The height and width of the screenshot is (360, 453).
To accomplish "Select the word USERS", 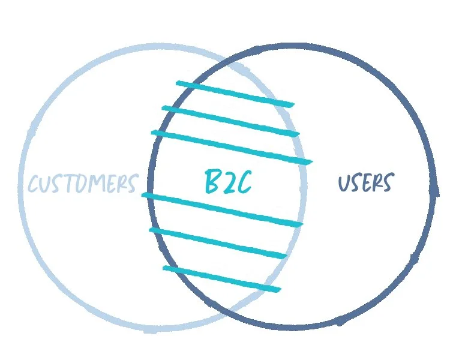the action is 367,182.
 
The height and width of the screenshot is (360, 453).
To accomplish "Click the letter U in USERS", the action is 345,182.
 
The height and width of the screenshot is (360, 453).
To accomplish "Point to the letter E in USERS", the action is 367,182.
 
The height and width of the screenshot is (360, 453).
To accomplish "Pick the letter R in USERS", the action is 378,182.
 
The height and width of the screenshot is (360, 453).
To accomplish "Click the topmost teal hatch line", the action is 234,94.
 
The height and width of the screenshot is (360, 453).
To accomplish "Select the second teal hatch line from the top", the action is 231,121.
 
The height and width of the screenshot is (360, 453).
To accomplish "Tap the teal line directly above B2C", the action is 232,146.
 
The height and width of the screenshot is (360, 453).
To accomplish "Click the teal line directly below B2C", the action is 222,209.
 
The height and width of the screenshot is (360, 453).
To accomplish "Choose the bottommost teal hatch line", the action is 222,280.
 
